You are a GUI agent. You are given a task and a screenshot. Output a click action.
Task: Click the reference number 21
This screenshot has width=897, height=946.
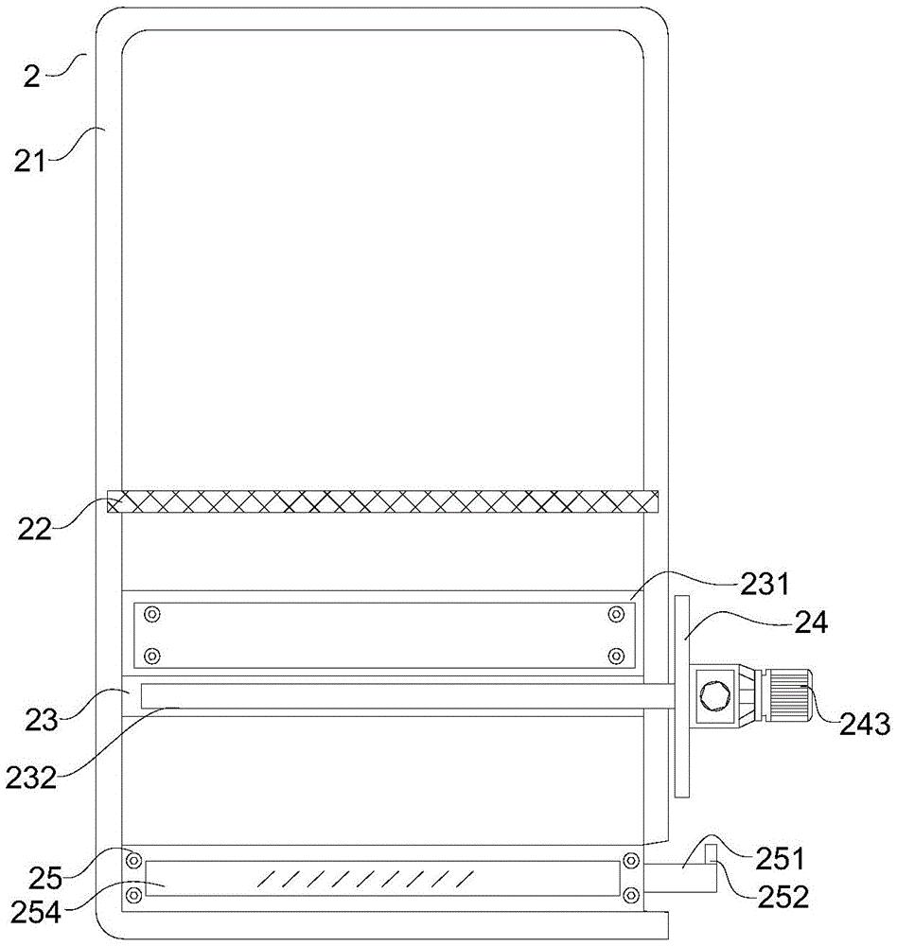tap(30, 162)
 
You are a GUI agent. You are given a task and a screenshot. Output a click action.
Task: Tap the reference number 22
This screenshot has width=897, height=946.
tap(34, 529)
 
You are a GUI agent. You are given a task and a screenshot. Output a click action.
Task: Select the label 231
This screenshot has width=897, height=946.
tap(765, 584)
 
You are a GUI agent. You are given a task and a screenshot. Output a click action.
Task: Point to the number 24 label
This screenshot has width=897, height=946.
tap(811, 622)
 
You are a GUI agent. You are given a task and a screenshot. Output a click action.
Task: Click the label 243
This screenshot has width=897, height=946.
tap(865, 724)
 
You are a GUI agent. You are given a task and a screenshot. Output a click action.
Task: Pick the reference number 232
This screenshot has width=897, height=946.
tap(31, 778)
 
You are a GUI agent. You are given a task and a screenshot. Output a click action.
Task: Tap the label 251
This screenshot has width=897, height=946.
tap(780, 859)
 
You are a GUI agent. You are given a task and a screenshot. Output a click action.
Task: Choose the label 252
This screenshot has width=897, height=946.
tap(783, 897)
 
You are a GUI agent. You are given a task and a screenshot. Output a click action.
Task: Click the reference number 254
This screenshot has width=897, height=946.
tap(35, 913)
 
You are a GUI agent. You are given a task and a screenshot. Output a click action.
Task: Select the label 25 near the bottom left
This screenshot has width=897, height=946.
tap(45, 878)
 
